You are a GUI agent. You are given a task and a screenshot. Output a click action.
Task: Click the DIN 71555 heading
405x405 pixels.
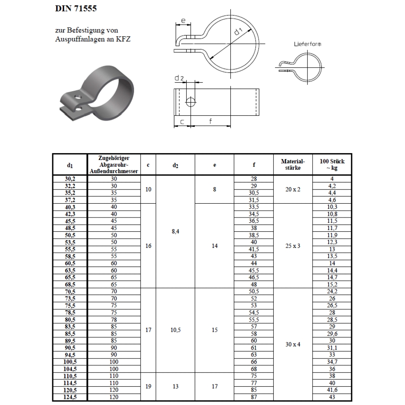point(76,9)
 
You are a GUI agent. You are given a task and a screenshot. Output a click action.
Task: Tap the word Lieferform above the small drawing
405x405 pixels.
point(307,44)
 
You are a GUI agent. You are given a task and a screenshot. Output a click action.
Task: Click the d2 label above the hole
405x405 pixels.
point(179,78)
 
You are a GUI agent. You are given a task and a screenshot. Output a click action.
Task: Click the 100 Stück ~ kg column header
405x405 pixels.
point(332,164)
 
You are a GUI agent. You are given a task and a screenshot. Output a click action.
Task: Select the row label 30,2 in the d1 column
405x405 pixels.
point(70,179)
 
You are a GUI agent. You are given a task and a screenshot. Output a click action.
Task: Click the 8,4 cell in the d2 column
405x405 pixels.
point(175,232)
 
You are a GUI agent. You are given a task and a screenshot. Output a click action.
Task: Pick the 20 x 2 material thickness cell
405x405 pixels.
point(293,189)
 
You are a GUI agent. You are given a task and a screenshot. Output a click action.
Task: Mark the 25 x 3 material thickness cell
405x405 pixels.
point(293,246)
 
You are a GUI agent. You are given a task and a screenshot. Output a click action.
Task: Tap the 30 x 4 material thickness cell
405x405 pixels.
point(293,344)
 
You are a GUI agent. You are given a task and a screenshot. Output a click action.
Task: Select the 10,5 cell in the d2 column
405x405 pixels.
point(175,330)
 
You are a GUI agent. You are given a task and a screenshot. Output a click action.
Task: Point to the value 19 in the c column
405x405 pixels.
point(148,387)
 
